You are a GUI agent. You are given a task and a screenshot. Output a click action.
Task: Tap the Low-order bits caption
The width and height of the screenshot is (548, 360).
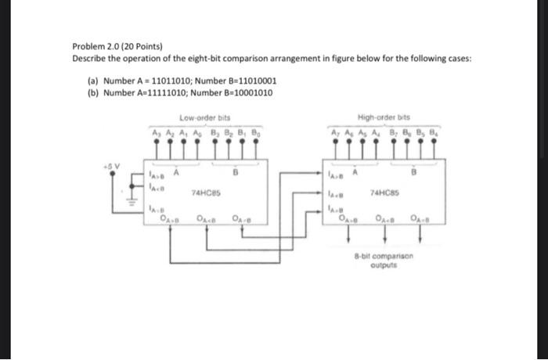[x=200, y=118]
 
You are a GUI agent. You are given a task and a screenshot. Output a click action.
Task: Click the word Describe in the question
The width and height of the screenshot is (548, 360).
[x=88, y=58]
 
